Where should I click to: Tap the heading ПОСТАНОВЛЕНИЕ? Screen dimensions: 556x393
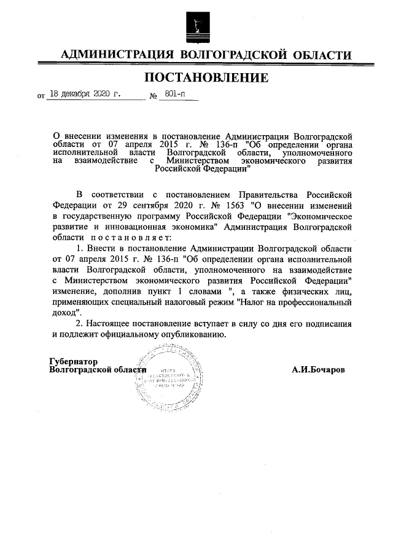tap(207, 78)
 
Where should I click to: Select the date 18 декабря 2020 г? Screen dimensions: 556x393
tap(84, 95)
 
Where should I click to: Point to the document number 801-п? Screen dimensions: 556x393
tap(174, 95)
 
